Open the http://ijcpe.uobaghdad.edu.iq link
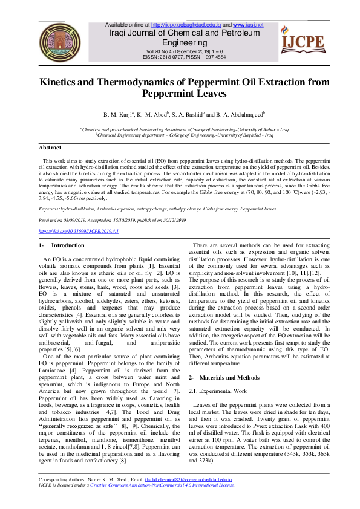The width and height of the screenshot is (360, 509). point(184,25)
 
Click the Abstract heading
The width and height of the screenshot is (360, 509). point(50,148)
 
